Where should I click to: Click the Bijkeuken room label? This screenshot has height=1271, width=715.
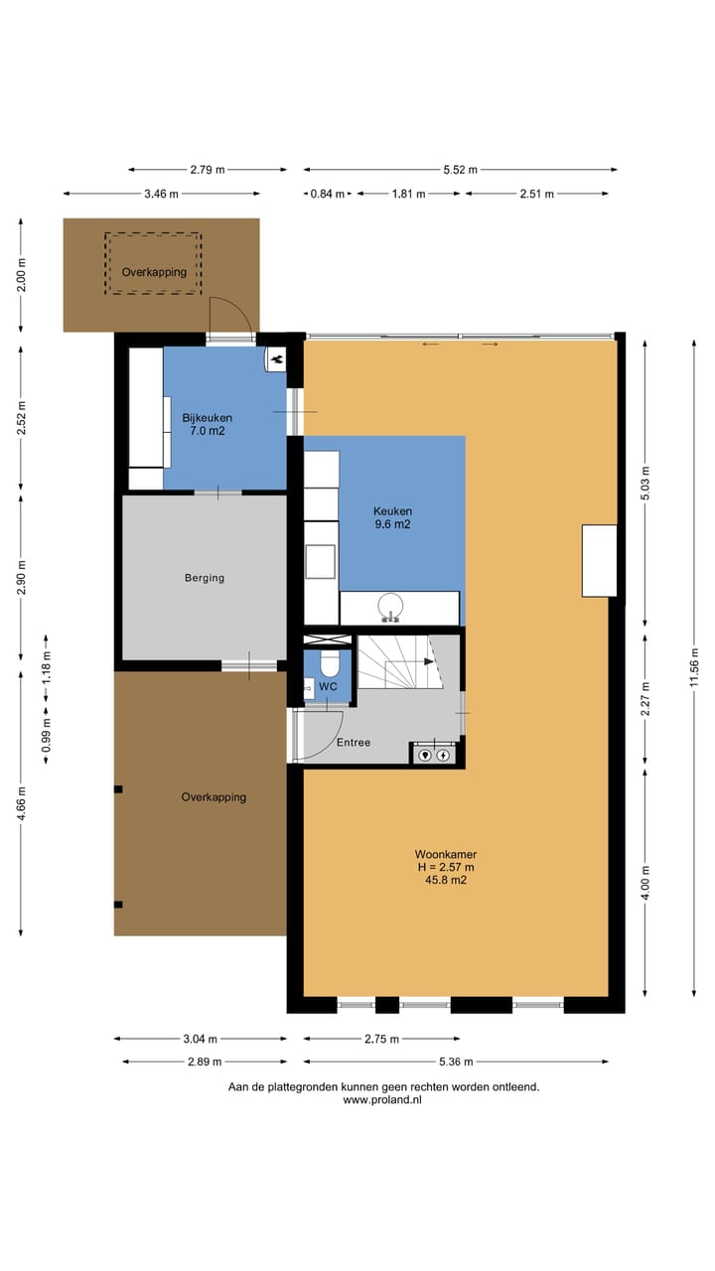click(x=208, y=418)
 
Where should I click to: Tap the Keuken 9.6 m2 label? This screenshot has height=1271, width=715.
click(x=392, y=517)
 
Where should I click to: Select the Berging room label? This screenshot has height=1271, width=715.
click(x=205, y=578)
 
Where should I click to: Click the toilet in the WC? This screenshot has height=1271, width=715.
click(x=329, y=663)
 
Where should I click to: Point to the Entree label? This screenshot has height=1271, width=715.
click(x=354, y=742)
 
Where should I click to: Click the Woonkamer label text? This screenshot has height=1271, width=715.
click(x=446, y=854)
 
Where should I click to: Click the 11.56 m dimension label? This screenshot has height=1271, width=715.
click(x=693, y=667)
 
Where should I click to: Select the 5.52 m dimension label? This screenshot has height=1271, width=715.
click(x=460, y=170)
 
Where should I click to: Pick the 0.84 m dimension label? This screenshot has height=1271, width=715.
click(x=328, y=194)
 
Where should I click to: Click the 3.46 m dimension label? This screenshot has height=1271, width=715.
click(x=161, y=194)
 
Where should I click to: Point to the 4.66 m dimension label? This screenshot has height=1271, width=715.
click(x=21, y=803)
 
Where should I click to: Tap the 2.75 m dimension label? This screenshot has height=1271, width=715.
click(x=381, y=1039)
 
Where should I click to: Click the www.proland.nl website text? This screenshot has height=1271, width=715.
click(x=382, y=1099)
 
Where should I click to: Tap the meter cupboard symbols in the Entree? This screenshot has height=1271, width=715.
click(x=434, y=755)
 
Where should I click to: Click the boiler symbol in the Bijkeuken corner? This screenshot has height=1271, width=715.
click(x=276, y=359)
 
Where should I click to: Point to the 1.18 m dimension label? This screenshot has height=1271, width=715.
click(x=46, y=667)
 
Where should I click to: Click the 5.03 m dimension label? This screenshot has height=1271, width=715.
click(x=645, y=483)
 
